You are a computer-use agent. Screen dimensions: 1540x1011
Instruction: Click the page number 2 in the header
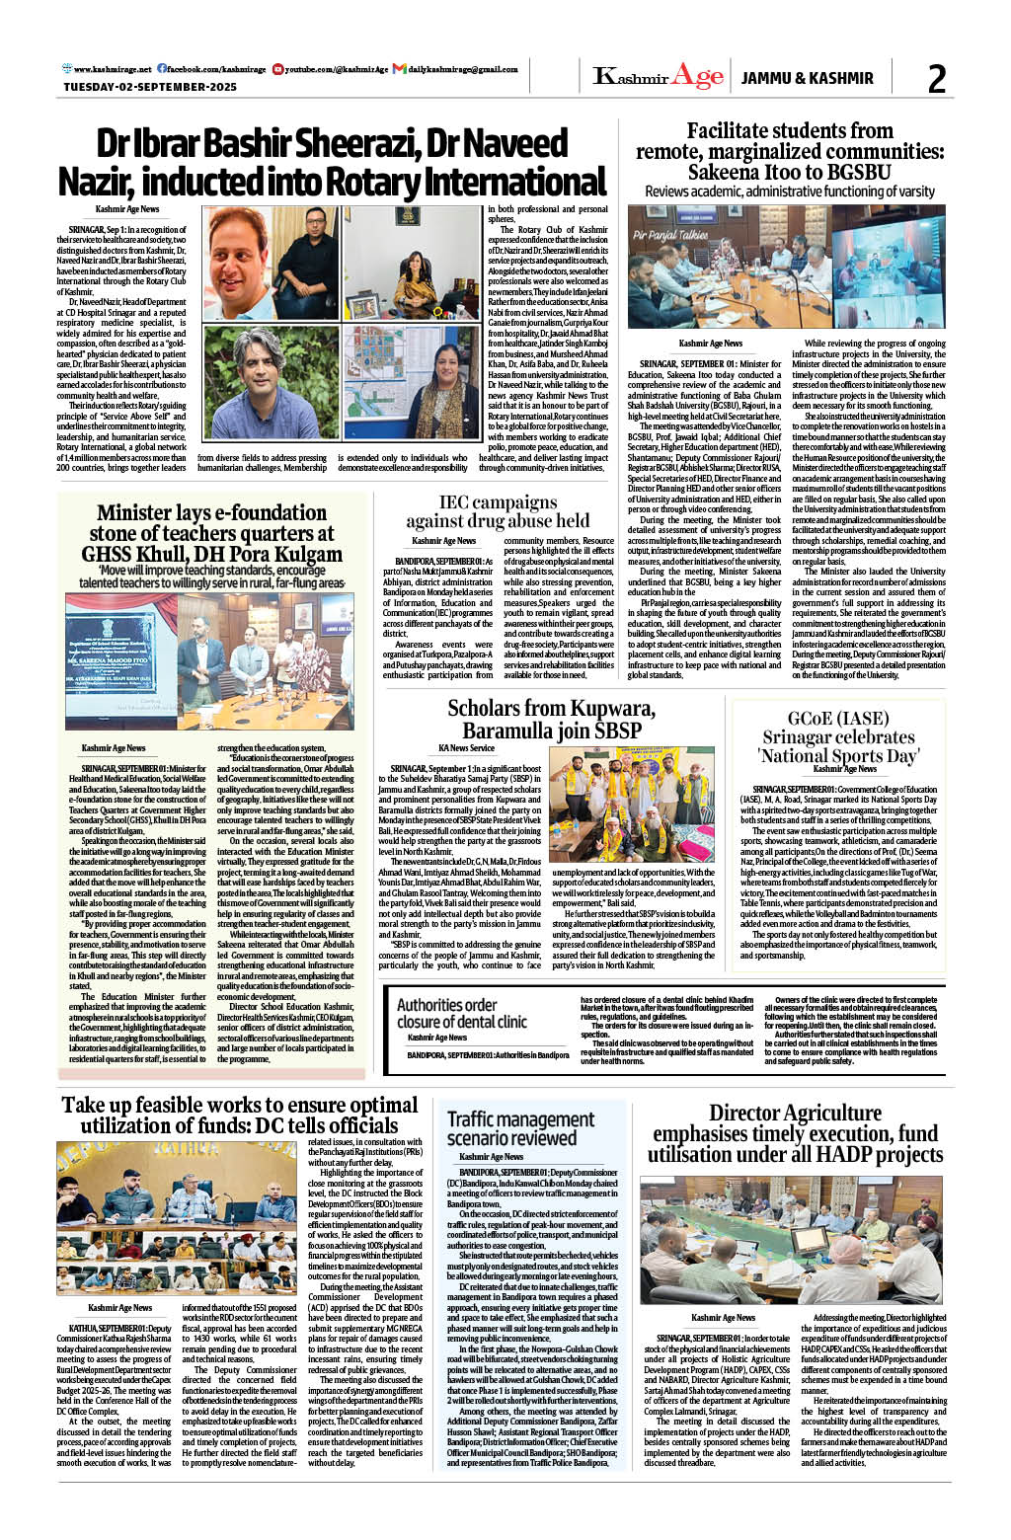click(937, 78)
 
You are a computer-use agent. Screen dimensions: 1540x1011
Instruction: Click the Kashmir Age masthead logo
click(659, 77)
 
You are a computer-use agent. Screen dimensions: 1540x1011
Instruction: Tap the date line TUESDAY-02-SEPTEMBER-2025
click(150, 87)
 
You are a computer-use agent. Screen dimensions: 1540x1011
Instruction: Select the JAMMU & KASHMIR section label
click(807, 78)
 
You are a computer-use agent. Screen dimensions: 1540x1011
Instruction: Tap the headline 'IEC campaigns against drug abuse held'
click(498, 512)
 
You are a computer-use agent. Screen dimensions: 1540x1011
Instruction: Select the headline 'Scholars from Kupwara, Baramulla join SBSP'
click(551, 719)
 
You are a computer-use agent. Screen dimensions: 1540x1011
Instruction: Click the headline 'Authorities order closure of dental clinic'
click(462, 1013)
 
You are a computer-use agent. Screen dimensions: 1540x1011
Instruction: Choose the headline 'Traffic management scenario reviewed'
click(520, 1128)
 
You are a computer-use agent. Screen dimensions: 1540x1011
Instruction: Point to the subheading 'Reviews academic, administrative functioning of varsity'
click(790, 192)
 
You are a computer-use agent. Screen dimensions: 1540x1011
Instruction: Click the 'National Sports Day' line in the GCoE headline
click(838, 757)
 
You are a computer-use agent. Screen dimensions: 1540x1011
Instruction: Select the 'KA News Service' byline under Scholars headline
click(466, 747)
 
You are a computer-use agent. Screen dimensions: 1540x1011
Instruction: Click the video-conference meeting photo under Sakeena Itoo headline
click(786, 266)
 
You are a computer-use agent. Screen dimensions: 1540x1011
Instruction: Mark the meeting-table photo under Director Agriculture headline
click(791, 1238)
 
